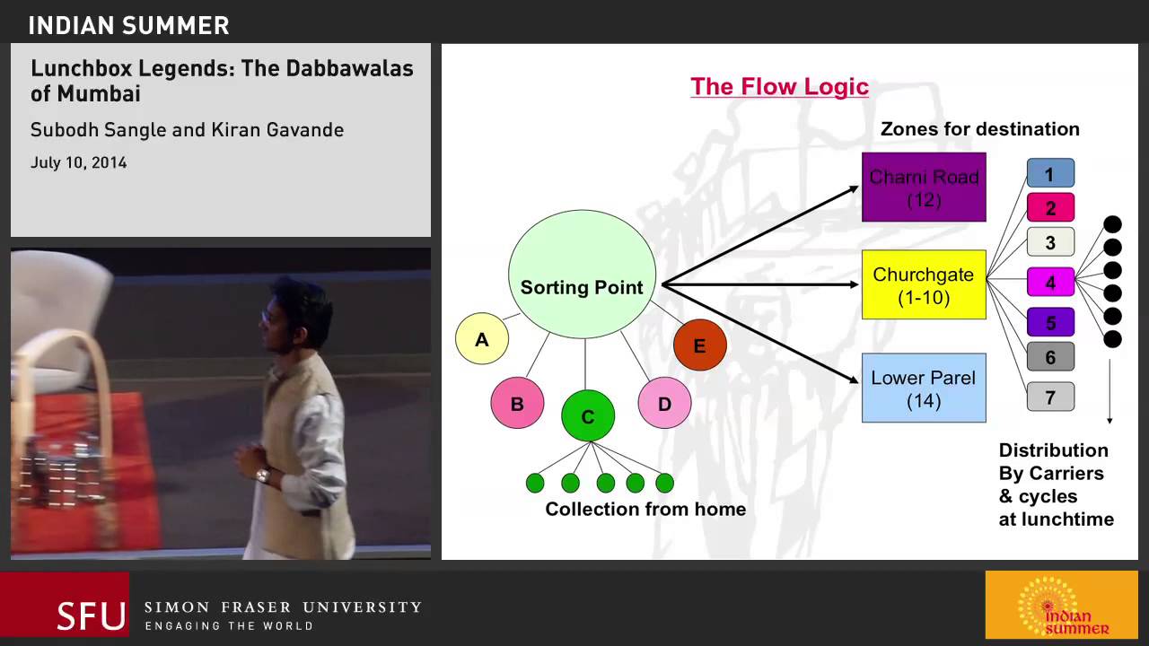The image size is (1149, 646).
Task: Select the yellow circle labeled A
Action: click(482, 338)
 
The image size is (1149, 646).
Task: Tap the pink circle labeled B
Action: click(517, 404)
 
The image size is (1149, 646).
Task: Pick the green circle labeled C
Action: click(588, 416)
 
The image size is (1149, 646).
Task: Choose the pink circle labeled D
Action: click(664, 403)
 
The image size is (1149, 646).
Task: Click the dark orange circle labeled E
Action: click(699, 345)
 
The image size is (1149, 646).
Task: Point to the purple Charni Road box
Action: click(924, 187)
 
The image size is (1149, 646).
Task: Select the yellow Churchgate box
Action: click(924, 284)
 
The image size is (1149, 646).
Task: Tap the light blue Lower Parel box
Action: click(924, 388)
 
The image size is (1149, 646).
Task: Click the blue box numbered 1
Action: click(1049, 173)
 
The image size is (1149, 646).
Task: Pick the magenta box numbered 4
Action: click(1049, 282)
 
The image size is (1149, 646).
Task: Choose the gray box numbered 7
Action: click(1049, 396)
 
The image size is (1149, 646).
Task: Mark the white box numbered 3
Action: click(1049, 242)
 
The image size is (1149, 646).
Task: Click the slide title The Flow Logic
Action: click(779, 86)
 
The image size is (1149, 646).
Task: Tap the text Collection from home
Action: click(645, 509)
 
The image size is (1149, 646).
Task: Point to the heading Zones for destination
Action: click(979, 128)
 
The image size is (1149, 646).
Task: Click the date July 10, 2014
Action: click(78, 162)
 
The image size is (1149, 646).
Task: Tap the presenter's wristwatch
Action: click(263, 476)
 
